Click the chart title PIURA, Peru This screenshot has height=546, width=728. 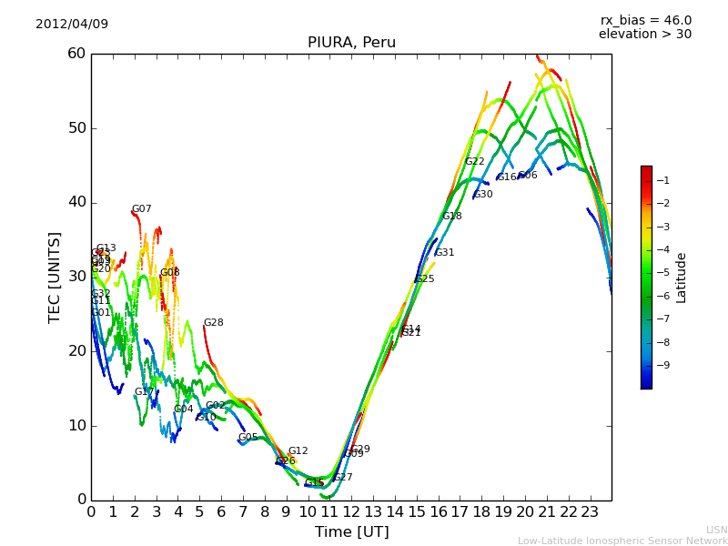(x=351, y=43)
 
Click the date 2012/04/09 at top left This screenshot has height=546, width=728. (x=72, y=24)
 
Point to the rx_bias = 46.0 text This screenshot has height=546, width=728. (x=645, y=20)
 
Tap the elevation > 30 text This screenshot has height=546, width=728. (x=644, y=35)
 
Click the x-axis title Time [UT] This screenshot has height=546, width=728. (x=351, y=532)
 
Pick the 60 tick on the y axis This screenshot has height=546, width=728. (x=76, y=54)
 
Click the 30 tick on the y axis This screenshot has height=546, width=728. (x=76, y=277)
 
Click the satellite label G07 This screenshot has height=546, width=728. (x=142, y=209)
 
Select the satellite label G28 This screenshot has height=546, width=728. (x=214, y=323)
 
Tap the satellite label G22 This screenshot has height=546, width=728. (x=475, y=162)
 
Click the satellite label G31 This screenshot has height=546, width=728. (x=445, y=253)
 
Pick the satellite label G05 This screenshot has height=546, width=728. (x=248, y=438)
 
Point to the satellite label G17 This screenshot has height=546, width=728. (x=145, y=392)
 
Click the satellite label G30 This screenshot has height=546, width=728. (x=483, y=195)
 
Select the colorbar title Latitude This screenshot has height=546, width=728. (x=682, y=278)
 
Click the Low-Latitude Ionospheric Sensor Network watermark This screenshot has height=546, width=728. (x=622, y=541)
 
